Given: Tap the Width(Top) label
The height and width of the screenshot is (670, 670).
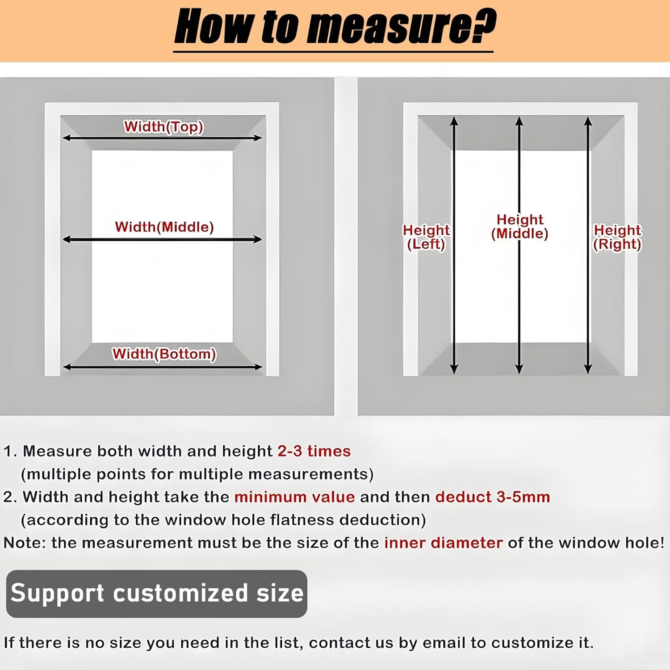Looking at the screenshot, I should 163,127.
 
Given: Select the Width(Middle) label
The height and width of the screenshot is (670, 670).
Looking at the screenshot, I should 164,227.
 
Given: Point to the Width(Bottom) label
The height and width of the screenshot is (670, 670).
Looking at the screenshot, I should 164,354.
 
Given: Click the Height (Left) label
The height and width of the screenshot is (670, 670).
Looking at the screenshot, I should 426,237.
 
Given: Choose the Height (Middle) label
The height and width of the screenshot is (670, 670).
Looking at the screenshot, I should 519,226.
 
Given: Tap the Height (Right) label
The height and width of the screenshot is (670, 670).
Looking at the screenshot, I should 617,237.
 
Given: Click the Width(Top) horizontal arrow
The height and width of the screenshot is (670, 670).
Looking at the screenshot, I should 162,138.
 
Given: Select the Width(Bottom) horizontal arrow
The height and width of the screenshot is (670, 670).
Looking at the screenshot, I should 162,367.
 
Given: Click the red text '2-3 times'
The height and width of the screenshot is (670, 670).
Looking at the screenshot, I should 314,451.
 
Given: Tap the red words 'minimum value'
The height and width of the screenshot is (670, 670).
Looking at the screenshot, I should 294,497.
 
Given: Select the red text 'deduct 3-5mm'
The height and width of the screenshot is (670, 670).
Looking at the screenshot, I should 493,497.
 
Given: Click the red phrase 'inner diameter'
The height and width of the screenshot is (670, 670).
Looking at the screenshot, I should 443,543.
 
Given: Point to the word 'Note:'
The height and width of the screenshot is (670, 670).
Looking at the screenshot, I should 25,543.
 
